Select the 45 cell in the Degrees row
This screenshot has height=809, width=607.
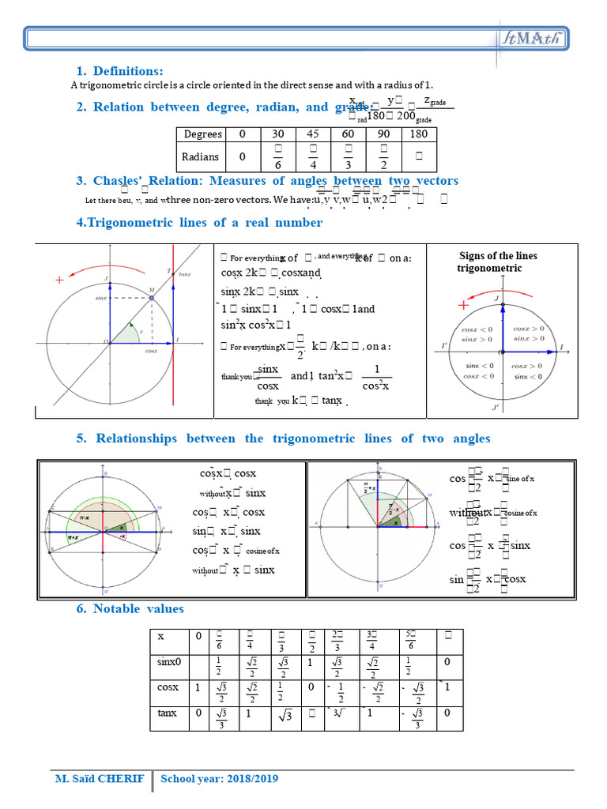pyautogui.click(x=313, y=134)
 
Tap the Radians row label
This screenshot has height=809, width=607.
pyautogui.click(x=201, y=156)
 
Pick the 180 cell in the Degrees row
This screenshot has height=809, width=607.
pyautogui.click(x=419, y=134)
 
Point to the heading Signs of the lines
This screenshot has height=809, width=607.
pyautogui.click(x=498, y=256)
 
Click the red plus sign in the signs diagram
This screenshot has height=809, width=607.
pyautogui.click(x=463, y=305)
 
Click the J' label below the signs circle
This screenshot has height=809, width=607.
pyautogui.click(x=496, y=408)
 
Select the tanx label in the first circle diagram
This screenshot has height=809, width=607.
pyautogui.click(x=184, y=273)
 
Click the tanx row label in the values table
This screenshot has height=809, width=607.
pyautogui.click(x=168, y=713)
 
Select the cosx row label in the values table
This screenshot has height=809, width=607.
pyautogui.click(x=168, y=687)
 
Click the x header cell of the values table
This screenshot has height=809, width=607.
pyautogui.click(x=161, y=636)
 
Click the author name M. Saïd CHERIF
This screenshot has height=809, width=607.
pyautogui.click(x=100, y=779)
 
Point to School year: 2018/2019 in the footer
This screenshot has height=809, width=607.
pyautogui.click(x=220, y=779)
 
